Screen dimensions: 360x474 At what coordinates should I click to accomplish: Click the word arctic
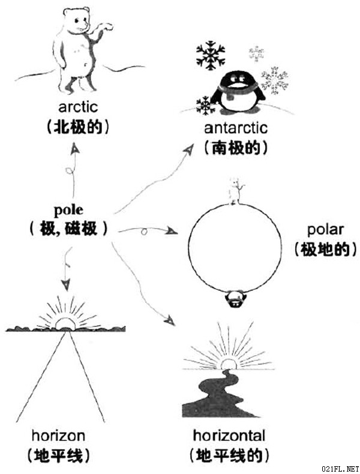click(x=78, y=107)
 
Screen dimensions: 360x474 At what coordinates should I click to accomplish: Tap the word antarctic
click(x=236, y=128)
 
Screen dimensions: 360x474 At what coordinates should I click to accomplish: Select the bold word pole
click(x=68, y=210)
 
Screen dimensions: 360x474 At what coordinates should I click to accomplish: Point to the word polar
click(x=325, y=230)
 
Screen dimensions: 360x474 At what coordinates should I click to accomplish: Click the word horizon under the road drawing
click(x=58, y=436)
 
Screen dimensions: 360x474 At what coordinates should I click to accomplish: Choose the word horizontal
click(x=229, y=436)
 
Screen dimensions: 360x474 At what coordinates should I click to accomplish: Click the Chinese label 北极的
click(x=77, y=128)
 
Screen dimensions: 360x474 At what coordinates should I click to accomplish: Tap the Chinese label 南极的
click(x=236, y=148)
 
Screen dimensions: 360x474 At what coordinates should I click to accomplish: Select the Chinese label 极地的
click(x=326, y=250)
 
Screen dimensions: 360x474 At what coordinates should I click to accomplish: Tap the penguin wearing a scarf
click(x=238, y=92)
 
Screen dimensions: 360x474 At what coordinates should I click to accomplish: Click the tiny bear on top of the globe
click(x=235, y=191)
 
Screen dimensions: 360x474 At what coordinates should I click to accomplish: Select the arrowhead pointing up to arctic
click(x=74, y=149)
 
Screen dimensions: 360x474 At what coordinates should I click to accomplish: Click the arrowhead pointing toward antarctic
click(x=188, y=149)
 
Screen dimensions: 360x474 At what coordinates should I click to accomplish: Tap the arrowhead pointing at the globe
click(x=172, y=231)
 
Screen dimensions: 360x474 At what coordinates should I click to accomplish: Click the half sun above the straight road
click(x=65, y=323)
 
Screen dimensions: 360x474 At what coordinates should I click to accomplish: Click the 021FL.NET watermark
click(x=340, y=469)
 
